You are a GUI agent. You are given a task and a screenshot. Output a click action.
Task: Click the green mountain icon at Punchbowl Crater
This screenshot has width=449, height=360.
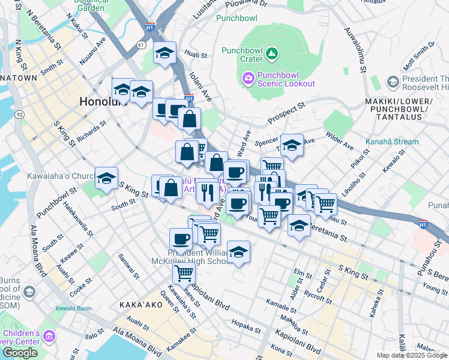click(x=273, y=55)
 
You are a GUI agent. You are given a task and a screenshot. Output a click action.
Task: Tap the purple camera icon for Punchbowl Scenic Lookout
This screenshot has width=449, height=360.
click(x=248, y=78)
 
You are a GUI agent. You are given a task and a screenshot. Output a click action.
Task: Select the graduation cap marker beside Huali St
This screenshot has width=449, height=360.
click(x=164, y=54)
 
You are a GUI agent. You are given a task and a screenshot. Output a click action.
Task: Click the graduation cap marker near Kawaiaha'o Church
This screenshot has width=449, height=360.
click(x=106, y=179)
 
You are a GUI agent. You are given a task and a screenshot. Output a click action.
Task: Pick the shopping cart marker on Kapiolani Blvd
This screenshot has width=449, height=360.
click(x=183, y=274)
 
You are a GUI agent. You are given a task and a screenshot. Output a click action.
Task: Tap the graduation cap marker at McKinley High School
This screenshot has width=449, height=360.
click(x=238, y=253)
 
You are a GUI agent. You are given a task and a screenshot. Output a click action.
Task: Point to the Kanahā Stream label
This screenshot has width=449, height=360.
click(x=391, y=142)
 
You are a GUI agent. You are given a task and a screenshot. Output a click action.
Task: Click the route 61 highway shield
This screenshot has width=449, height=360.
click(x=141, y=44)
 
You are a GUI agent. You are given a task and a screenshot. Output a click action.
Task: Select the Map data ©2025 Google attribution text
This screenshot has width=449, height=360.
click(x=411, y=355)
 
